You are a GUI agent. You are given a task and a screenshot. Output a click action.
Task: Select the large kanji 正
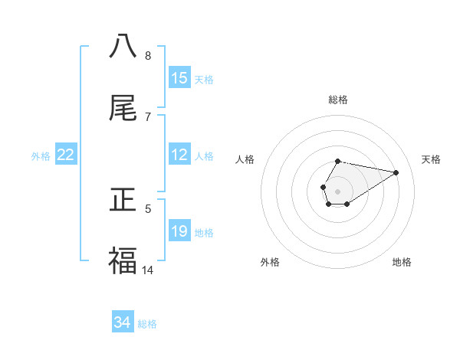point(123,201)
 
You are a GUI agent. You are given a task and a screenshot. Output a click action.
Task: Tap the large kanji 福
point(123,261)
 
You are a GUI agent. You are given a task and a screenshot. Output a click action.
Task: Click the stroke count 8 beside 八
point(148,55)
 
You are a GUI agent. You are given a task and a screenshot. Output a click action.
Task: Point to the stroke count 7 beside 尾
point(148,116)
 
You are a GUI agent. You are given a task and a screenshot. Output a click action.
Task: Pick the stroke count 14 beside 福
point(148,270)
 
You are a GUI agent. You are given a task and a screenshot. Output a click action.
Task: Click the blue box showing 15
point(179,78)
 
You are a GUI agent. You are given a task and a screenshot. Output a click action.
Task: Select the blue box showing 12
point(179,155)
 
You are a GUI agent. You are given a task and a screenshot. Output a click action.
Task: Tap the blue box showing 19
point(179,231)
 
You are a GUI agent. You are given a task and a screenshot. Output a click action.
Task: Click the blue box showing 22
point(66,155)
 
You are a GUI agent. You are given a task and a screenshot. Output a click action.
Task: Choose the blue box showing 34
point(123,323)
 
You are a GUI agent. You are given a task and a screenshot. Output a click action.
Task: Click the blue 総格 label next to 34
point(147,324)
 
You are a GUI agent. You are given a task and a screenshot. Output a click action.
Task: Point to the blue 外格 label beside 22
point(41,155)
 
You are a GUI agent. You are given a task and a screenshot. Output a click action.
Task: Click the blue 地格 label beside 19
point(204,232)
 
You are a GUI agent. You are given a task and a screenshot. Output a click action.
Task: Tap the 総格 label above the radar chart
point(337,100)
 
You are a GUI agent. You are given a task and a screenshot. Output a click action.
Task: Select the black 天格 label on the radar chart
point(431,159)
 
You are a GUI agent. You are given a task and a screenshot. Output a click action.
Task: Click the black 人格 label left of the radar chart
point(245,159)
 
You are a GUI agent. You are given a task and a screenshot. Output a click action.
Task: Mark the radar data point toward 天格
point(396,172)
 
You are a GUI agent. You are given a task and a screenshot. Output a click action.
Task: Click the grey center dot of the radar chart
point(337,191)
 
